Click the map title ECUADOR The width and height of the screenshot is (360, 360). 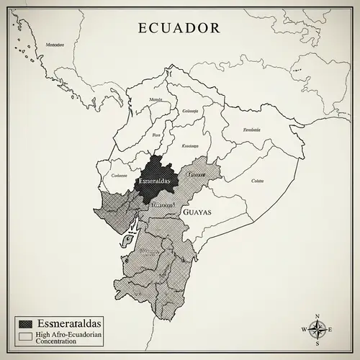point(179,28)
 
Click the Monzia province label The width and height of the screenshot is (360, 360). point(155,99)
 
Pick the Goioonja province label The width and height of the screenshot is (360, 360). point(190,112)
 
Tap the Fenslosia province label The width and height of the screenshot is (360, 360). point(251,130)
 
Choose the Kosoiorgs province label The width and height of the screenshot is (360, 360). point(189,145)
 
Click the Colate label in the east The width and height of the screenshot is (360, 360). point(257,181)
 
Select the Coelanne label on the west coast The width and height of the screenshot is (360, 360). point(120,175)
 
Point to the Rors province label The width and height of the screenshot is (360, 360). point(157,135)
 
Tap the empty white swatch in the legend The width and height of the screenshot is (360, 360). point(26,336)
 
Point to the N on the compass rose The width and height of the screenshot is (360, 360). point(317,315)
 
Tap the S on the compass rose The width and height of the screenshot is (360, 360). point(317,343)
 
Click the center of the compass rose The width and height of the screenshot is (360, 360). point(317,329)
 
